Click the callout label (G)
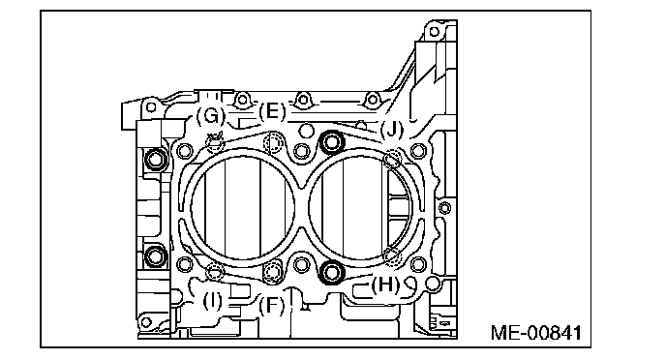pyautogui.click(x=210, y=115)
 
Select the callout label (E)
pyautogui.click(x=272, y=112)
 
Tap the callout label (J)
pyautogui.click(x=391, y=129)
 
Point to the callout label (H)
pyautogui.click(x=385, y=285)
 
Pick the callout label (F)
pyautogui.click(x=271, y=305)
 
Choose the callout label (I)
pyautogui.click(x=212, y=302)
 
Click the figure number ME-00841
pyautogui.click(x=536, y=333)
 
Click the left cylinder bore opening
pyautogui.click(x=191, y=208)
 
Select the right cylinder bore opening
pyautogui.click(x=309, y=208)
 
